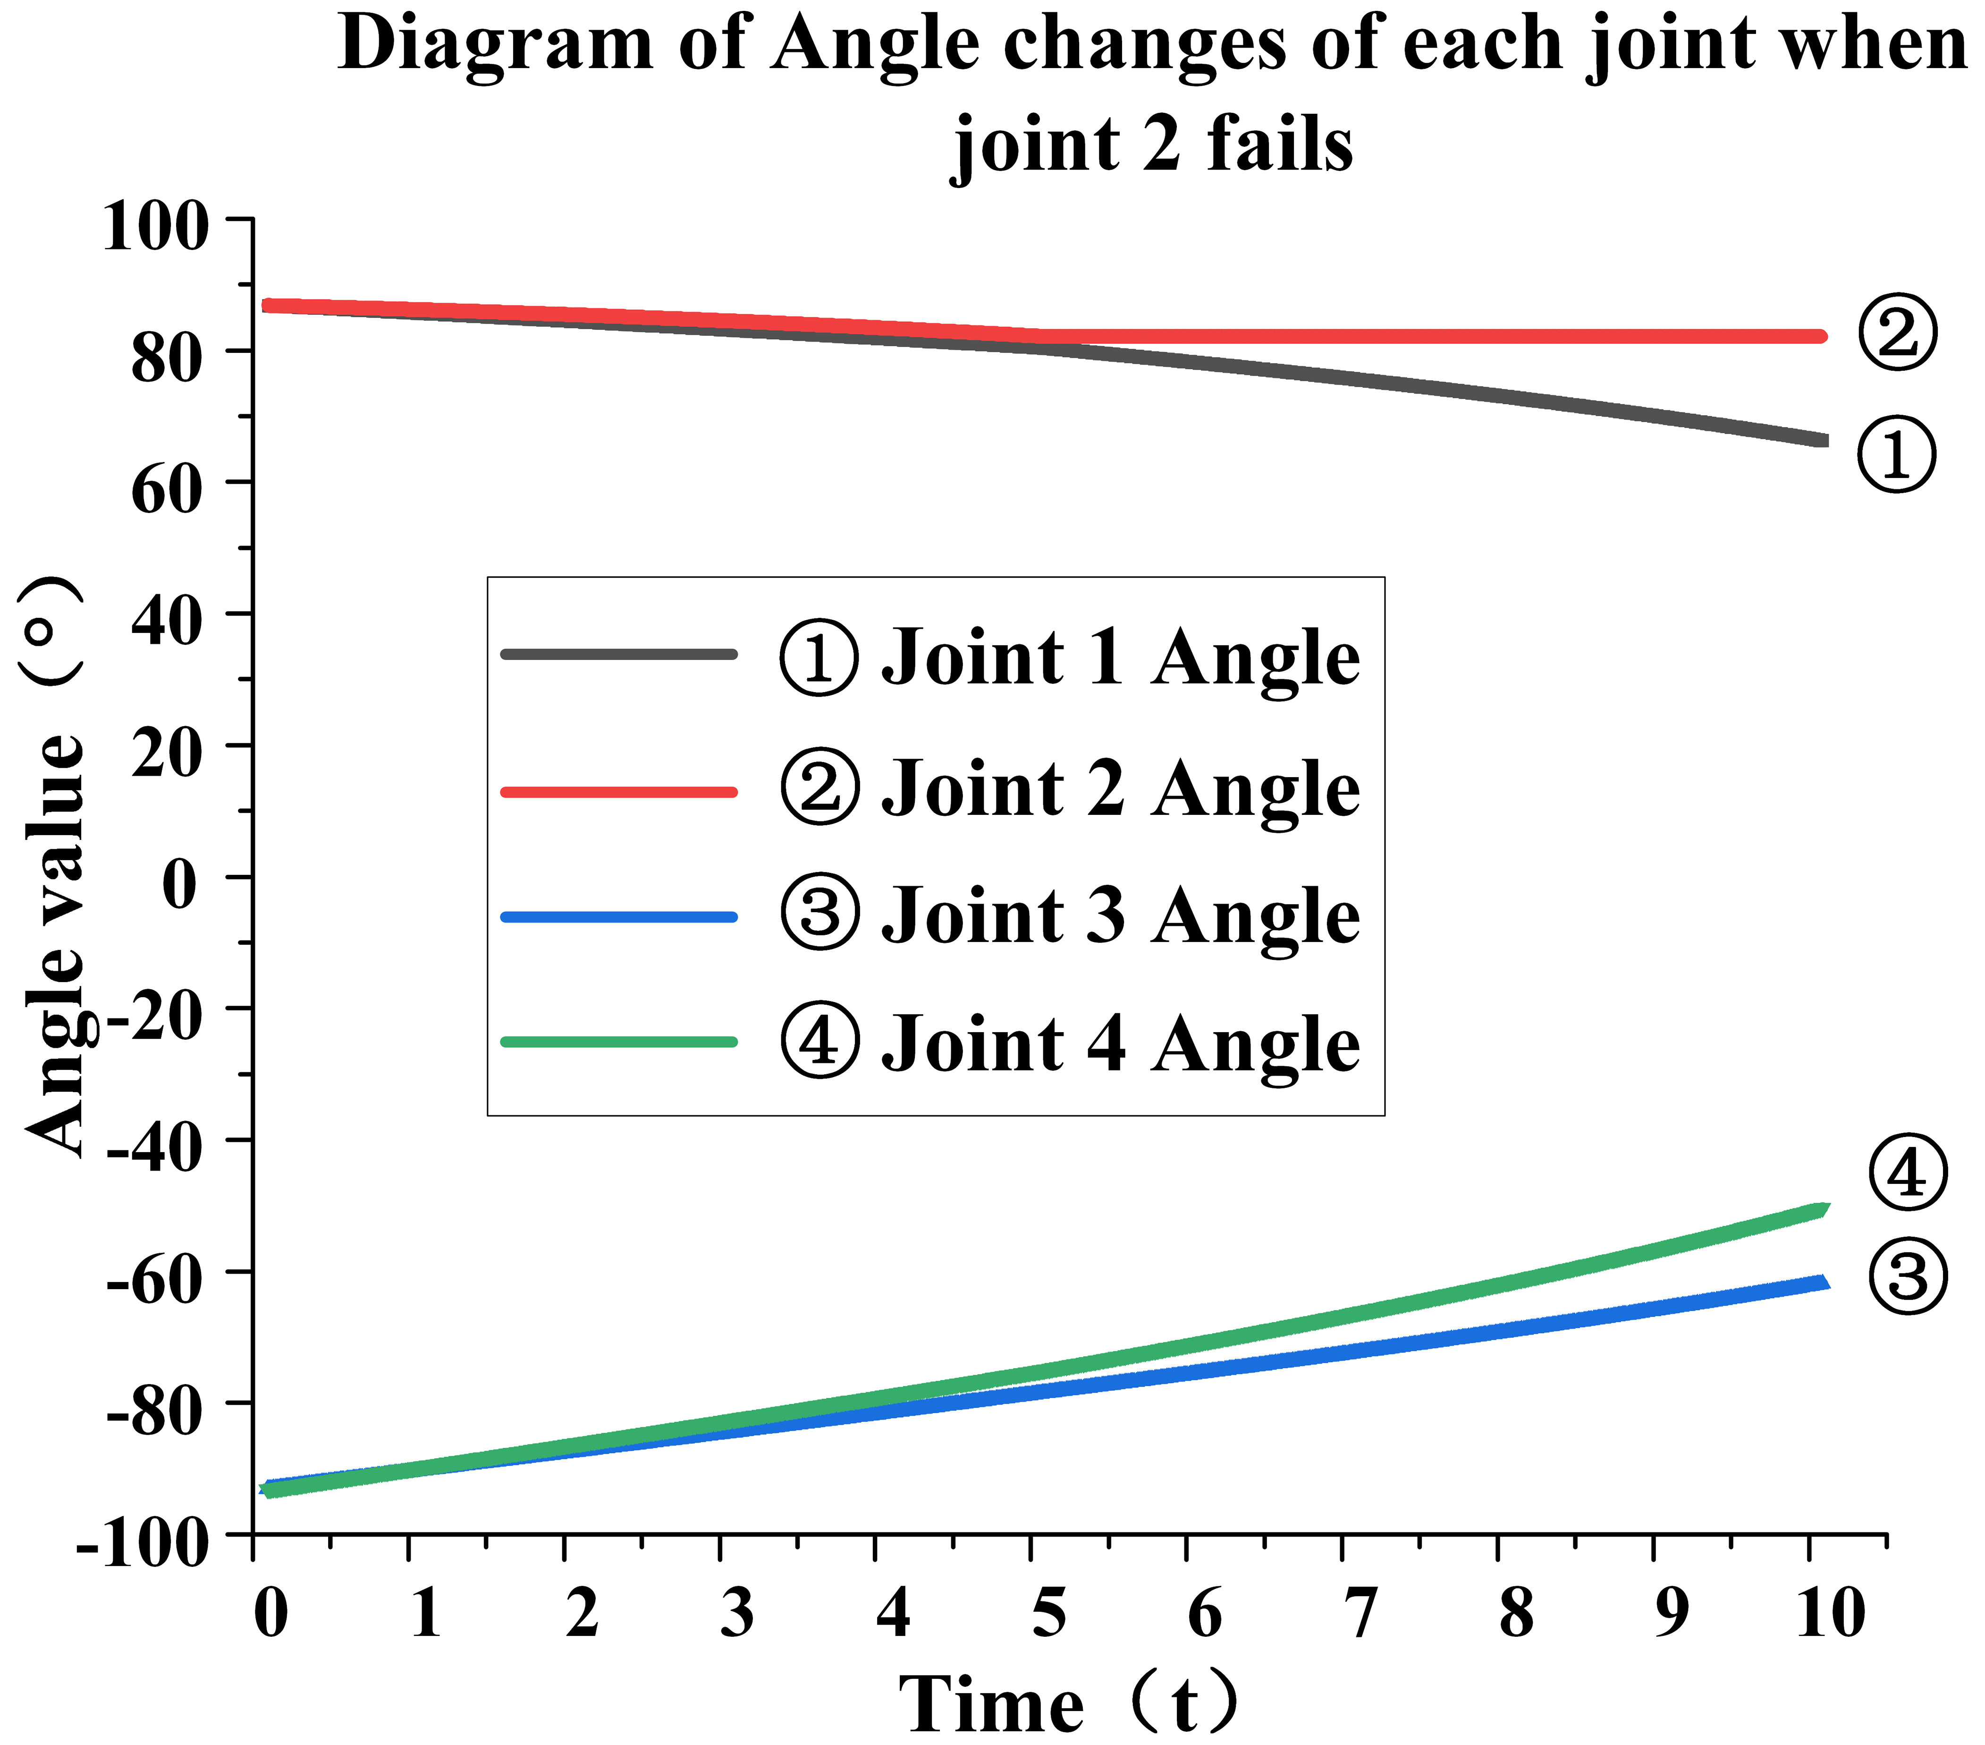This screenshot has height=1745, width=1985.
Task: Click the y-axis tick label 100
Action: click(x=155, y=226)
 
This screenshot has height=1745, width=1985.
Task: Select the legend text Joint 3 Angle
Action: click(x=1121, y=916)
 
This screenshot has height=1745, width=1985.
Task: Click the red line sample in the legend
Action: click(x=618, y=792)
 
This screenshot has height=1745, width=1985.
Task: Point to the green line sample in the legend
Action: click(x=618, y=1042)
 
